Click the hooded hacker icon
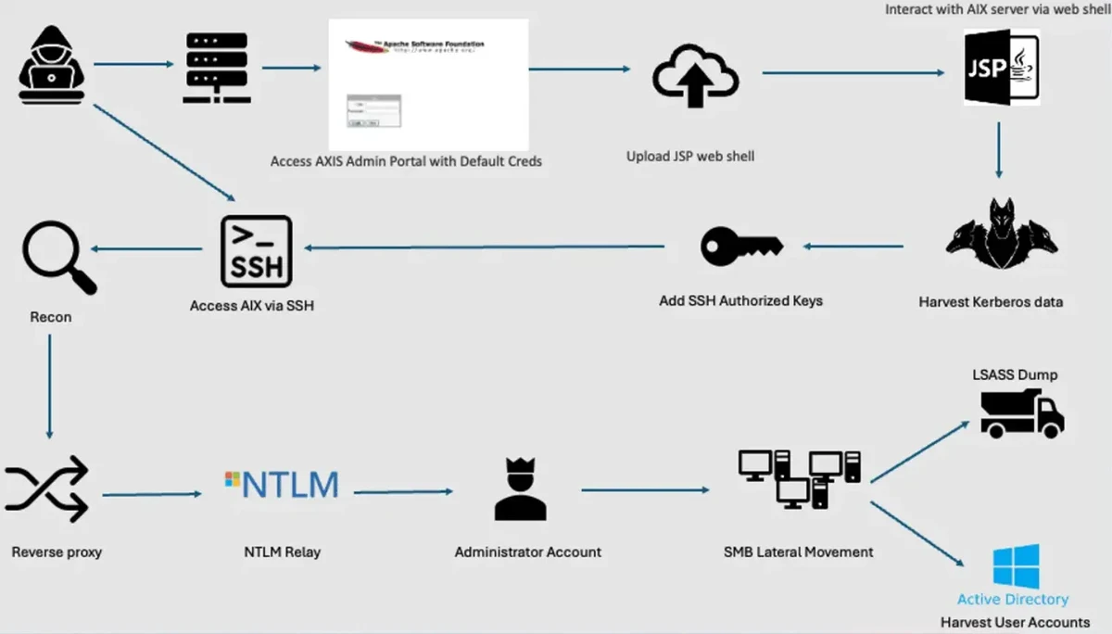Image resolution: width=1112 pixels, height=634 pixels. pyautogui.click(x=51, y=66)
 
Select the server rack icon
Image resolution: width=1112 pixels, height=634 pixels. pyautogui.click(x=217, y=67)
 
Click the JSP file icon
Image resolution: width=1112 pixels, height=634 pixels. pyautogui.click(x=1000, y=66)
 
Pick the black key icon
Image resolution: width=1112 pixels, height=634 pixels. pyautogui.click(x=741, y=246)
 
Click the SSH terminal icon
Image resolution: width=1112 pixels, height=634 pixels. pyautogui.click(x=257, y=250)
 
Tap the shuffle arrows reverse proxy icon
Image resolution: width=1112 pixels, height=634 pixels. pyautogui.click(x=47, y=489)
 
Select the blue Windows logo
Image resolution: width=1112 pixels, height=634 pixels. pyautogui.click(x=1016, y=566)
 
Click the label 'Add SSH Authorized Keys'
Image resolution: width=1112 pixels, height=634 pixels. pyautogui.click(x=740, y=300)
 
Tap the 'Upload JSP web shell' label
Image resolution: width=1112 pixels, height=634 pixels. pyautogui.click(x=690, y=157)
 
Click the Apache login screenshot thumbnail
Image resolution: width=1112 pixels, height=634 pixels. pyautogui.click(x=428, y=84)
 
